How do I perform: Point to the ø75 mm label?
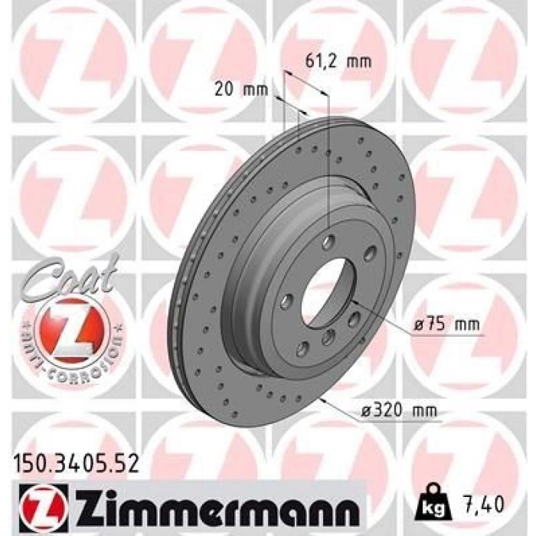click(446, 325)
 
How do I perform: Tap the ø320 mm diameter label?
click(400, 412)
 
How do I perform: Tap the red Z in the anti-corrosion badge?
click(70, 330)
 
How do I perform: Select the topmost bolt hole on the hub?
click(328, 241)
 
